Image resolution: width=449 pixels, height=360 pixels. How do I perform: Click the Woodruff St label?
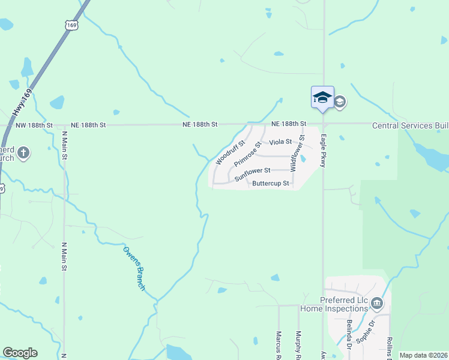(x=230, y=153)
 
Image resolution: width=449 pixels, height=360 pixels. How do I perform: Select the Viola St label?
(x=280, y=142)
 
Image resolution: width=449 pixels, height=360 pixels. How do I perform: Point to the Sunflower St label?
(x=253, y=175)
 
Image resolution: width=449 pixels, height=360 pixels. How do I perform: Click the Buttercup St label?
(x=271, y=183)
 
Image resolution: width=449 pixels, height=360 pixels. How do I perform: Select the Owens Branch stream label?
(x=134, y=269)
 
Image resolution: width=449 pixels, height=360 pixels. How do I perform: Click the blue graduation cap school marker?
(x=322, y=97)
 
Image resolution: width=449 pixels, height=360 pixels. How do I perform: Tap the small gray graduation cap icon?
(x=340, y=101)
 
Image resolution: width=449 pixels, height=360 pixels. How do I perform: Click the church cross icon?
(x=23, y=152)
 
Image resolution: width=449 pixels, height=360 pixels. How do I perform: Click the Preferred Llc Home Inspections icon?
(x=377, y=302)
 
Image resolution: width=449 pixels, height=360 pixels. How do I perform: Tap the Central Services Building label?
(x=411, y=125)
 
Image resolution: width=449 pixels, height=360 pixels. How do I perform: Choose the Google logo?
(x=20, y=353)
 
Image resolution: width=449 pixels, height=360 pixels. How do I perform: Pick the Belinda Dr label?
(x=349, y=334)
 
